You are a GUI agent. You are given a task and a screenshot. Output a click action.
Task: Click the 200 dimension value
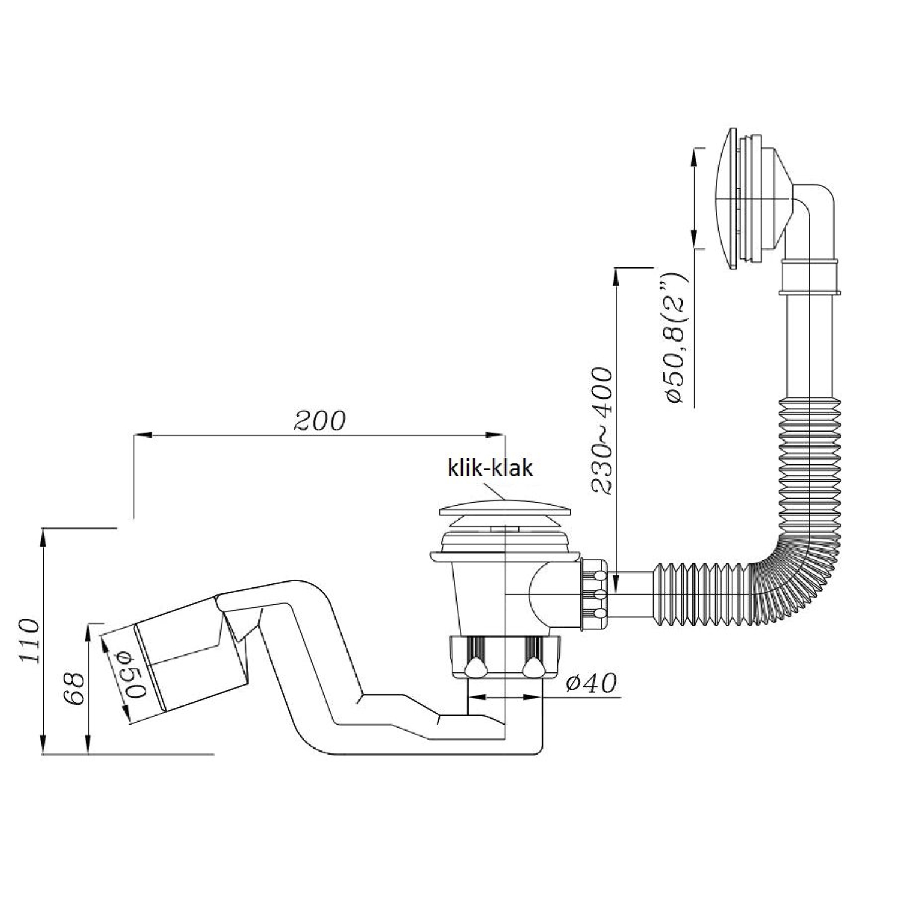[320, 421]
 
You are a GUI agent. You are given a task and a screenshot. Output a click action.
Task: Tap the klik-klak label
[490, 467]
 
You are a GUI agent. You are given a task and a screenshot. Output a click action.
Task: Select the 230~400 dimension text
[603, 432]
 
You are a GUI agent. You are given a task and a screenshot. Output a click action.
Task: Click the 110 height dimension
[29, 640]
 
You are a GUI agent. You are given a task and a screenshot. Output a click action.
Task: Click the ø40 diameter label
[590, 683]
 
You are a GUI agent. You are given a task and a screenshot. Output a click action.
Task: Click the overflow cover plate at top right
[728, 198]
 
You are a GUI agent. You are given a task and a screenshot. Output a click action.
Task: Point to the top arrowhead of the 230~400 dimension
[616, 275]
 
